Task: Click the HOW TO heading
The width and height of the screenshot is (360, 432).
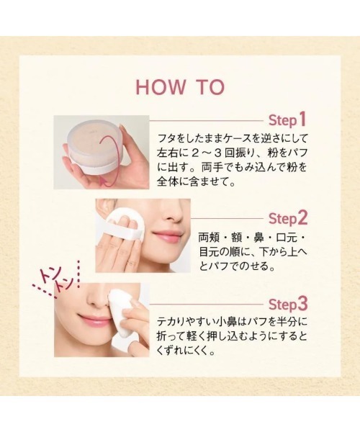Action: [180, 87]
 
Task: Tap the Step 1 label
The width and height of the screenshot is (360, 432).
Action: [287, 120]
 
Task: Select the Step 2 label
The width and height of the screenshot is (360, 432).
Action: [288, 218]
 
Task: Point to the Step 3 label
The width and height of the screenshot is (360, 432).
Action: [288, 304]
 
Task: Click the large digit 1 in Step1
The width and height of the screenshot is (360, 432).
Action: [302, 120]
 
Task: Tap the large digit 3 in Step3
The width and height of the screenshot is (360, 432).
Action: [302, 304]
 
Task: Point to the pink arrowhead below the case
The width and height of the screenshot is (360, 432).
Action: [104, 181]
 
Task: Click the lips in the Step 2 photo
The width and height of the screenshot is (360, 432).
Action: [167, 235]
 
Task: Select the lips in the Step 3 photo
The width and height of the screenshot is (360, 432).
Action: [93, 319]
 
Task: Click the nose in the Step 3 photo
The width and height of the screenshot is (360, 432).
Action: [98, 299]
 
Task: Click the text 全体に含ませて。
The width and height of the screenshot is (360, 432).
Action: [197, 182]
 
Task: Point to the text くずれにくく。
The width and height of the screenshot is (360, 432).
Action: [186, 351]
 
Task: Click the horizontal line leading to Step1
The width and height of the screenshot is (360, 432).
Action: [207, 120]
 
